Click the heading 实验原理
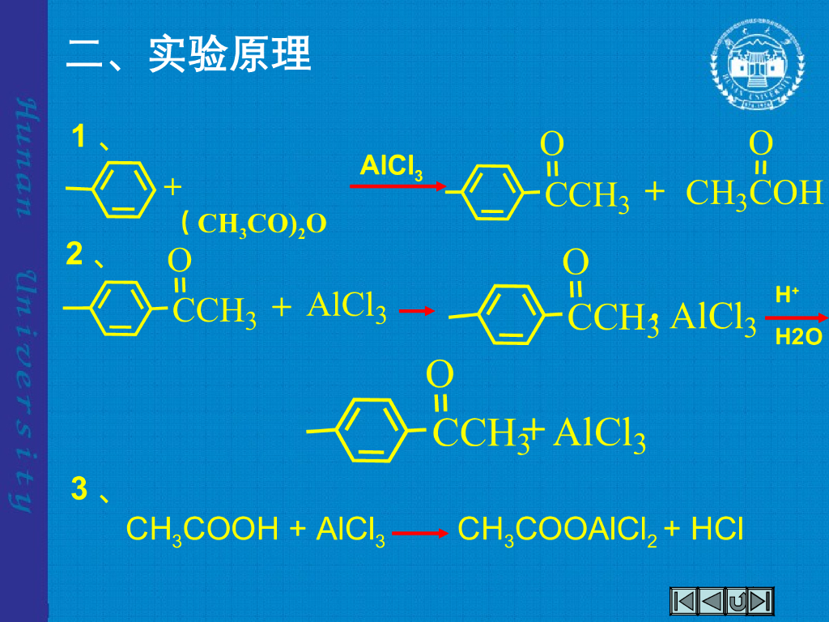(x=230, y=55)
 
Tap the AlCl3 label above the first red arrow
(x=391, y=167)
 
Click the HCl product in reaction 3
(x=716, y=530)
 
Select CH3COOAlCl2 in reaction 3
(x=557, y=530)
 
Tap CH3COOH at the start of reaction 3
(x=202, y=530)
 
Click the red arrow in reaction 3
(x=420, y=534)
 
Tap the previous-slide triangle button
(x=710, y=602)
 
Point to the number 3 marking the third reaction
(x=79, y=489)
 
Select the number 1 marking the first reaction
(x=79, y=137)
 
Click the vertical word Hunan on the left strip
(x=24, y=159)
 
